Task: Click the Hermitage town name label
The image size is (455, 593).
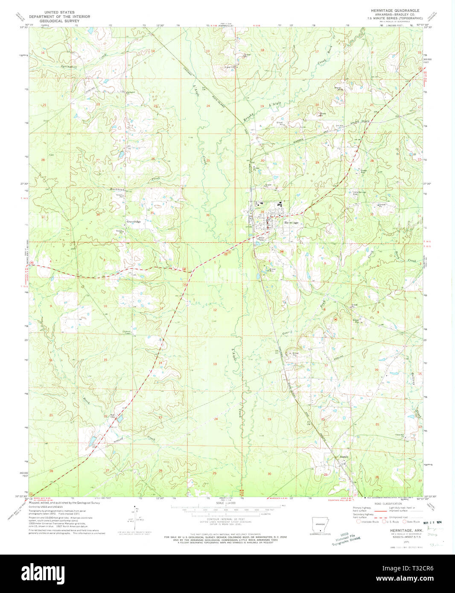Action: (x=292, y=223)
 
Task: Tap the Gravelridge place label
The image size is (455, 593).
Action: (x=134, y=222)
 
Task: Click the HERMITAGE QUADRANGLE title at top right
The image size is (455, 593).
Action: (x=395, y=10)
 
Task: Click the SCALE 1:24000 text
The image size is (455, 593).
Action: (x=226, y=503)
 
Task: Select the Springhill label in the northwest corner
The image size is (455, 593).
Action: (x=69, y=67)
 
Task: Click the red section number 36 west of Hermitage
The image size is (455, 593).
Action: (x=208, y=215)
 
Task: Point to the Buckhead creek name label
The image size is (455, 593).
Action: (x=117, y=189)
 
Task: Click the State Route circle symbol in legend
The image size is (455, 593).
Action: (x=405, y=521)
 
